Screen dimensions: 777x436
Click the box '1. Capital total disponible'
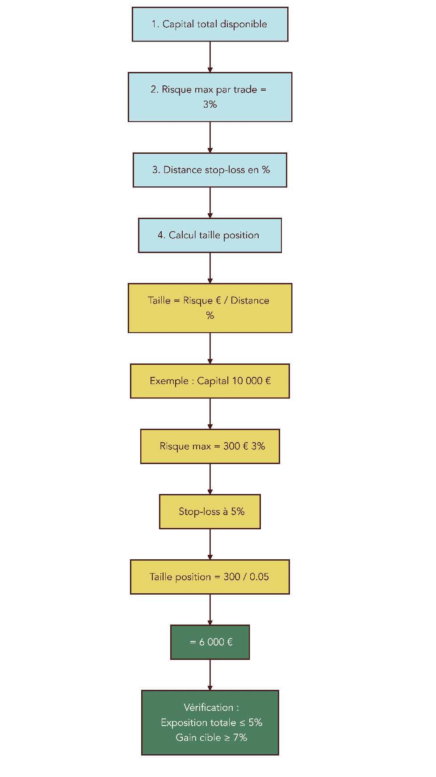210,24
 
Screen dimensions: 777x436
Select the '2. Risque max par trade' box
210,97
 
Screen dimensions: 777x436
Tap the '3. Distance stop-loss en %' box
210,170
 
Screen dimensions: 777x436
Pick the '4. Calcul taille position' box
210,235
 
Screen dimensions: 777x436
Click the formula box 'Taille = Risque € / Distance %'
210,308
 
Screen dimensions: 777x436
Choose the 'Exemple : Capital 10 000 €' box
210,381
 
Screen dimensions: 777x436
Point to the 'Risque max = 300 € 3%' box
210,446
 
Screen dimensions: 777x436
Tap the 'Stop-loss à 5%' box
210,511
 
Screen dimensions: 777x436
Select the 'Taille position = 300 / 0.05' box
210,577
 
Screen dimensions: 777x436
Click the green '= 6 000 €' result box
210,642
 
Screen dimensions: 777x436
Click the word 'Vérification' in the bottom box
208,707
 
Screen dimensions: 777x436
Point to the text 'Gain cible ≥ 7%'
211,738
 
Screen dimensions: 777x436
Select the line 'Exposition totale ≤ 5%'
211,722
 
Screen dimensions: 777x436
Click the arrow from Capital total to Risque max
210,57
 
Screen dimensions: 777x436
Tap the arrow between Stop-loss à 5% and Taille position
210,544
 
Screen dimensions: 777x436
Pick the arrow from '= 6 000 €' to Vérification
210,675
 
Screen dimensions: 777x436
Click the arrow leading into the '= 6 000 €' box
210,609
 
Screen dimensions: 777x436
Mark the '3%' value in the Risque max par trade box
210,105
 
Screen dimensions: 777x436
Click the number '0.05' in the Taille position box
259,577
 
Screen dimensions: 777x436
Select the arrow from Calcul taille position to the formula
210,268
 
